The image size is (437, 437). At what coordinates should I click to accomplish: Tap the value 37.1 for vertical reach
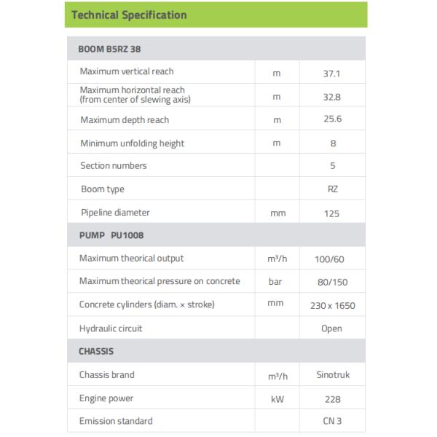(333, 73)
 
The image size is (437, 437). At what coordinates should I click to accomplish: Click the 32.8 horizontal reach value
(333, 96)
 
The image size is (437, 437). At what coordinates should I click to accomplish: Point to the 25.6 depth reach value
(333, 119)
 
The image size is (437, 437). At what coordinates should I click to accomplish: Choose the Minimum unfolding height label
(132, 143)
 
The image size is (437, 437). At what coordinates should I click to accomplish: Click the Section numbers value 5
(333, 166)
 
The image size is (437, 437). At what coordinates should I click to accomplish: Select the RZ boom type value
(333, 189)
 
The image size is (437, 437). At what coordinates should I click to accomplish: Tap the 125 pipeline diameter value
(333, 213)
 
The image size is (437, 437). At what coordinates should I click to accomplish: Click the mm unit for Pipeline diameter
(277, 214)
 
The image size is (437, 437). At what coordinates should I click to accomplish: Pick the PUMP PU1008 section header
(111, 235)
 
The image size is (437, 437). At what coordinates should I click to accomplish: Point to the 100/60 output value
(333, 259)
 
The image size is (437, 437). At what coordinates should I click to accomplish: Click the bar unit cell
(277, 282)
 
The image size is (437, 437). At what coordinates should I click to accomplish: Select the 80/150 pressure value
(333, 282)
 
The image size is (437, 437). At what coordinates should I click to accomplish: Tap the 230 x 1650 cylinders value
(333, 305)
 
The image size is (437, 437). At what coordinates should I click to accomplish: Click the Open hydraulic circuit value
(332, 328)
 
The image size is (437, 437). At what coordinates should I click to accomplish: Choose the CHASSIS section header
(96, 351)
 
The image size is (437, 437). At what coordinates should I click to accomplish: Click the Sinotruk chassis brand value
(332, 375)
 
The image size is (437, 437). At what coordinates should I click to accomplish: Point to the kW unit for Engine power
(277, 399)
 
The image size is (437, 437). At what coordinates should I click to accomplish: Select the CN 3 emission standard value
(333, 422)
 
